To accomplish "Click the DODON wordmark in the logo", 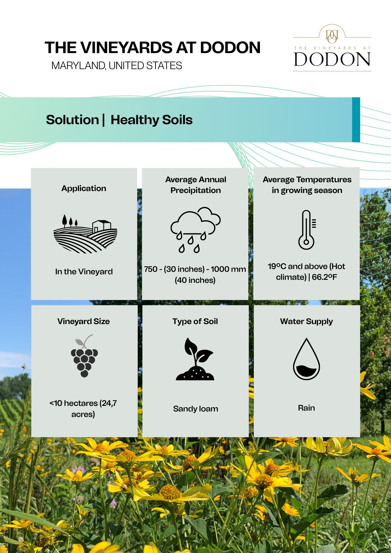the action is [x=332, y=59].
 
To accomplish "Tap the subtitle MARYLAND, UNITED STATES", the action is [x=117, y=66].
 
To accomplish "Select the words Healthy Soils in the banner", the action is [x=152, y=120].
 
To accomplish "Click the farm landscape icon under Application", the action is [x=85, y=234].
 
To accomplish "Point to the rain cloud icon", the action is [x=195, y=230].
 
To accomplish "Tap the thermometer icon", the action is [x=307, y=230].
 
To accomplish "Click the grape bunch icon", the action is [x=84, y=356].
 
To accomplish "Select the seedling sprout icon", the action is [x=195, y=359].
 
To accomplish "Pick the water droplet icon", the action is [x=306, y=359].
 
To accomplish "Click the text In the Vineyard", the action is [x=84, y=272].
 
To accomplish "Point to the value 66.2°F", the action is [x=325, y=277].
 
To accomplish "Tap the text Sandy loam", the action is [x=195, y=409].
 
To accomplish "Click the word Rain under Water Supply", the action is [x=306, y=408].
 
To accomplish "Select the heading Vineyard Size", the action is [x=84, y=321].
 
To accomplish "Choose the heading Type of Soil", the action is [x=195, y=321].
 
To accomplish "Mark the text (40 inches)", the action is [x=195, y=280].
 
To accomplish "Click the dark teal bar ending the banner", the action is [x=356, y=120].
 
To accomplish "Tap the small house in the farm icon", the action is [x=102, y=226].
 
